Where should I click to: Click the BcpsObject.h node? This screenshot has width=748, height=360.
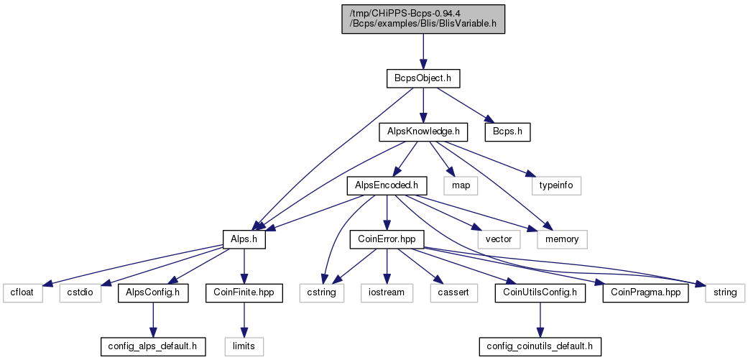click(x=423, y=78)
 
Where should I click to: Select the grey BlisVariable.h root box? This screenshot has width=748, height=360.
click(x=423, y=19)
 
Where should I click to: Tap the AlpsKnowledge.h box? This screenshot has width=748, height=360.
click(x=423, y=132)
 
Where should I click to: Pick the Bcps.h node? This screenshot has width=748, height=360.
click(x=507, y=132)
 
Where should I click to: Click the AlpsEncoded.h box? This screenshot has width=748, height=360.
click(x=387, y=185)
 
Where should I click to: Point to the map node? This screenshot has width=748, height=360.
click(x=461, y=185)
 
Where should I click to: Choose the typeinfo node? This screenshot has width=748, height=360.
click(x=557, y=185)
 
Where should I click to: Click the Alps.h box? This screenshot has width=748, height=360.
click(x=244, y=239)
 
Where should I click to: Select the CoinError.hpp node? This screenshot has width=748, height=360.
click(x=387, y=239)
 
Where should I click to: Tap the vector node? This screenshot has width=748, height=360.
click(x=499, y=239)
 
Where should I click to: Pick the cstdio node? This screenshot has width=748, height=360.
click(x=80, y=292)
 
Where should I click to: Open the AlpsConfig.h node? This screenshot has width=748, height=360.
click(x=152, y=292)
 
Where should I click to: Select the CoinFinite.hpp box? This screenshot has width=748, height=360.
click(x=244, y=292)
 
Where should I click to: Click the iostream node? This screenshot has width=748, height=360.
click(x=387, y=292)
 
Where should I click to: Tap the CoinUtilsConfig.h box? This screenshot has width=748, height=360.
click(x=540, y=292)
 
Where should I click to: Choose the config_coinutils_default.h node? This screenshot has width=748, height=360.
click(x=540, y=346)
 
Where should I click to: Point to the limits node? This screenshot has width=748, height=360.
click(x=244, y=346)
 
